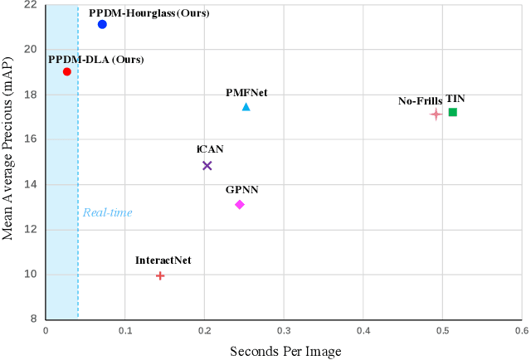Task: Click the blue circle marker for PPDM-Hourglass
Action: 102,25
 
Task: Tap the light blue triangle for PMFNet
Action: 246,107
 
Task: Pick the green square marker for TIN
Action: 452,112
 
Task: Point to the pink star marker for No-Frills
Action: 436,114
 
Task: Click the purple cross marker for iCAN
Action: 207,166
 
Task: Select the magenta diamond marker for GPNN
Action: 240,204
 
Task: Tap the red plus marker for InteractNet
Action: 160,275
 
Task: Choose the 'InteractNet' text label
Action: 163,260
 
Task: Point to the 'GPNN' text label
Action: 242,190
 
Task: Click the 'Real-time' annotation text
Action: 107,213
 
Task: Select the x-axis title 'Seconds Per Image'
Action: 285,351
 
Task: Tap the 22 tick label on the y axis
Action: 30,5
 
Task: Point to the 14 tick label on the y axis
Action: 30,184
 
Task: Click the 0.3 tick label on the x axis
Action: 283,330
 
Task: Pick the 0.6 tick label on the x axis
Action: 520,330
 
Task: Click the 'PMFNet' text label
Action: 246,92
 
